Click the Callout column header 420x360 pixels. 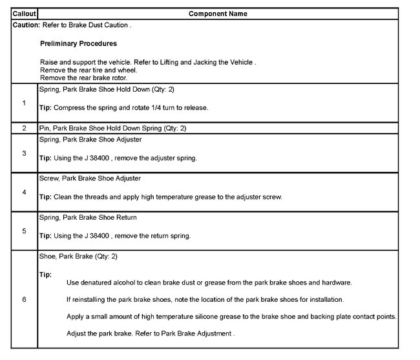(x=24, y=14)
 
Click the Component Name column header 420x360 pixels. (x=218, y=14)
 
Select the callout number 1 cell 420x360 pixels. (x=24, y=103)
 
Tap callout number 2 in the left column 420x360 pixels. (x=24, y=128)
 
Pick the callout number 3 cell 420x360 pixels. (x=24, y=153)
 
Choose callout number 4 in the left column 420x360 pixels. (x=24, y=192)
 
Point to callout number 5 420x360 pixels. (x=24, y=231)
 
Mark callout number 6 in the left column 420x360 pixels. (x=24, y=301)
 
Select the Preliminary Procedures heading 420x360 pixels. (x=78, y=44)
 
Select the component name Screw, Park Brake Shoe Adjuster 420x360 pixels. (x=90, y=178)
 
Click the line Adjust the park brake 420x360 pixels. (x=150, y=334)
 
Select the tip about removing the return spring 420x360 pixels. (x=115, y=236)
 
